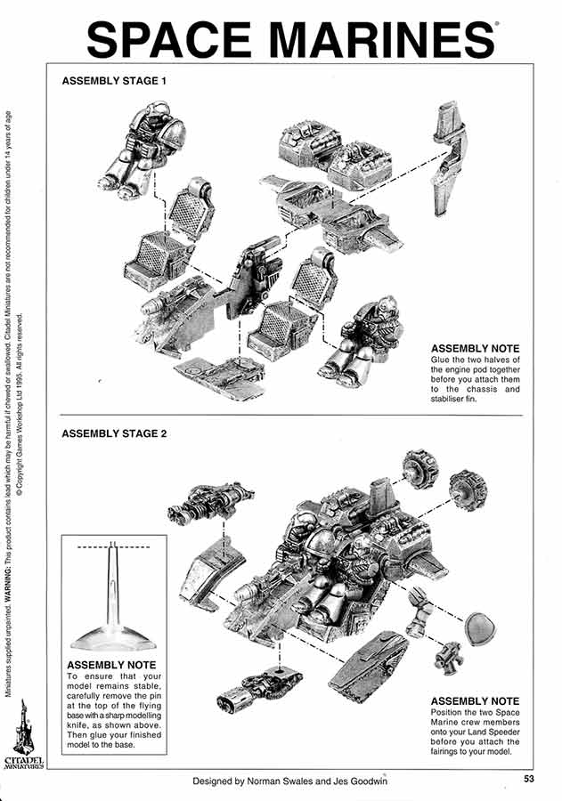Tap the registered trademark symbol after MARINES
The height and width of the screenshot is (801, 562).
point(495,27)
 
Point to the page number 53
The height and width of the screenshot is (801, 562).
point(530,780)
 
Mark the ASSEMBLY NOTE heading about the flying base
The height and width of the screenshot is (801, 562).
point(111,665)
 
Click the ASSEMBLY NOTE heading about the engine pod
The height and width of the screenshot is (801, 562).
point(475,348)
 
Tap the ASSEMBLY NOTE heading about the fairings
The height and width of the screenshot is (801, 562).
point(475,701)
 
